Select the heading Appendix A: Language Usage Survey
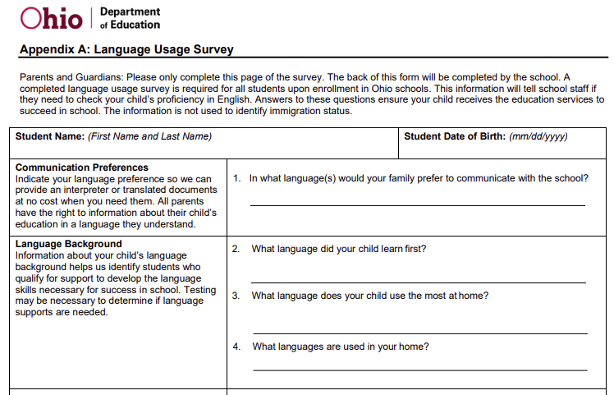(x=126, y=50)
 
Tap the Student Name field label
(x=49, y=137)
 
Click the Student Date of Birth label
(x=455, y=137)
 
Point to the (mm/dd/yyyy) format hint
(x=538, y=137)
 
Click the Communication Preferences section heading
(x=82, y=168)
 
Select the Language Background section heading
(x=69, y=244)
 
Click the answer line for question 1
(x=417, y=204)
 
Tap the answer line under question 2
(x=419, y=282)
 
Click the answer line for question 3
(x=419, y=333)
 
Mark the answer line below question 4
(x=419, y=370)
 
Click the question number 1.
(x=236, y=177)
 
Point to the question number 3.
(x=236, y=296)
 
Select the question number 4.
(x=236, y=347)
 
